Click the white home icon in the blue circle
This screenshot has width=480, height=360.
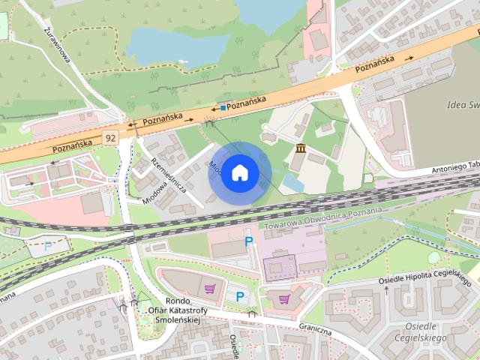(239, 172)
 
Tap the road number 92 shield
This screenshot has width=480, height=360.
(111, 138)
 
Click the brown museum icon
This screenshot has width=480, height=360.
(301, 147)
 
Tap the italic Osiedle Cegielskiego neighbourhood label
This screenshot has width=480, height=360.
(425, 331)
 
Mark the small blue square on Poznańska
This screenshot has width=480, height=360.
(223, 108)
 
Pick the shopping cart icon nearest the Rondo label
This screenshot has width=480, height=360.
(211, 287)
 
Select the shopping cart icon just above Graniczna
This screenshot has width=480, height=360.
(283, 298)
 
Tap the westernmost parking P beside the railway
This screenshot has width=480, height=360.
(49, 245)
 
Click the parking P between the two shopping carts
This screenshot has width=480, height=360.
(240, 296)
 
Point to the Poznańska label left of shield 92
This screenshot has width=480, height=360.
(71, 145)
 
